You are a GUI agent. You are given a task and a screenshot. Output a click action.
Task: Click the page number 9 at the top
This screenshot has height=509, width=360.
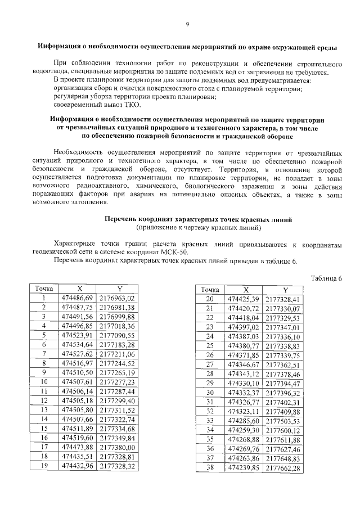click(x=187, y=24)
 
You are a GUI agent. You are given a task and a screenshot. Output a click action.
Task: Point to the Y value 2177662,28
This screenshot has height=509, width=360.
click(x=283, y=467)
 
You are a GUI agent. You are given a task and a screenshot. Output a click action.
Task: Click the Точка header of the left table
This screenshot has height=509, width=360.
click(x=44, y=289)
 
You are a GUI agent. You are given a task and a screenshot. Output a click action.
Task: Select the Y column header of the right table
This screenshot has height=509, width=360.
click(x=285, y=289)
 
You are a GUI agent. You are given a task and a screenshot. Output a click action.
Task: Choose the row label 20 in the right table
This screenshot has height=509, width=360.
click(x=210, y=299)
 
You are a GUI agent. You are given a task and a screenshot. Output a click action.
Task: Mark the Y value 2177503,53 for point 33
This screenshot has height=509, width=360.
click(x=283, y=421)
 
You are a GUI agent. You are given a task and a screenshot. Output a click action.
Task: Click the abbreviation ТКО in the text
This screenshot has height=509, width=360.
click(x=133, y=105)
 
